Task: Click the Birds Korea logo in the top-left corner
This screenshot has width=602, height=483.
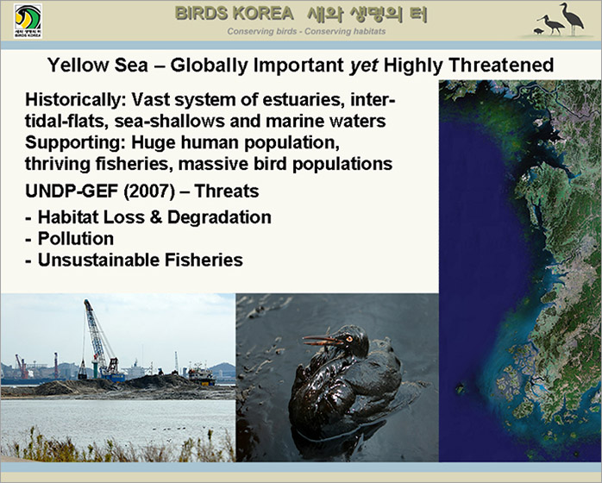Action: [28, 21]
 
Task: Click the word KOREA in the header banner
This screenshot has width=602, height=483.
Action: [263, 14]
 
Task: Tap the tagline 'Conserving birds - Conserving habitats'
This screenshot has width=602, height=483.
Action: [306, 32]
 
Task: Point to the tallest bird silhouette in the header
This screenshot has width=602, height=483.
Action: [572, 19]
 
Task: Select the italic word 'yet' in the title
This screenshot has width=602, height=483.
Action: [363, 66]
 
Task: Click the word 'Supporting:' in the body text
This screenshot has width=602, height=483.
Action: [75, 143]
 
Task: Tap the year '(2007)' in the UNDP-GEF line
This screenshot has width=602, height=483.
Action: [149, 191]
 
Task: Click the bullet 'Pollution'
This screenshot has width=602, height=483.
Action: [76, 239]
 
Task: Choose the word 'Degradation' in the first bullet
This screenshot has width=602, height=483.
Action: [219, 217]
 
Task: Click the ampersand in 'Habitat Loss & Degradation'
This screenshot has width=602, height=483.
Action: [156, 217]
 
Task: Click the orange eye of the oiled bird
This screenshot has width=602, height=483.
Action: [349, 339]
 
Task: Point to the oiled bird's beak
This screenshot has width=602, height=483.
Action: [322, 340]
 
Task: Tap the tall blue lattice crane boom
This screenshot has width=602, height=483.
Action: [96, 333]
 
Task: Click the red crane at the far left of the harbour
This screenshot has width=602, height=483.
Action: [21, 366]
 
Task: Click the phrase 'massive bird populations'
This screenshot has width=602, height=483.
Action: [285, 165]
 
